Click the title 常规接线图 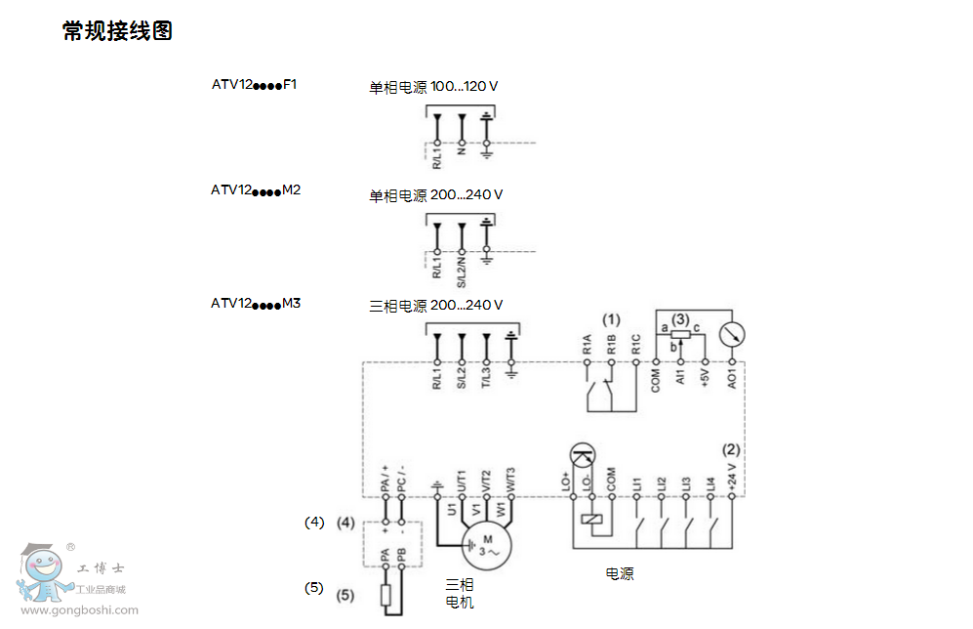point(117,31)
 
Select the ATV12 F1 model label point(254,85)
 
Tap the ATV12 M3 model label point(256,304)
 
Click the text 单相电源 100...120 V point(433,87)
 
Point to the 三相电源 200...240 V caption point(436,306)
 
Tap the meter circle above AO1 point(732,334)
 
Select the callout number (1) point(611,319)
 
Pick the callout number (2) point(731,450)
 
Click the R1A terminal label point(587,344)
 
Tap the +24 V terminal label point(733,478)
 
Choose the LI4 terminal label point(710,482)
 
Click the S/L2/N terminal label point(462,269)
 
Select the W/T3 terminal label point(510,479)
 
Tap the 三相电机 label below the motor point(459,593)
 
